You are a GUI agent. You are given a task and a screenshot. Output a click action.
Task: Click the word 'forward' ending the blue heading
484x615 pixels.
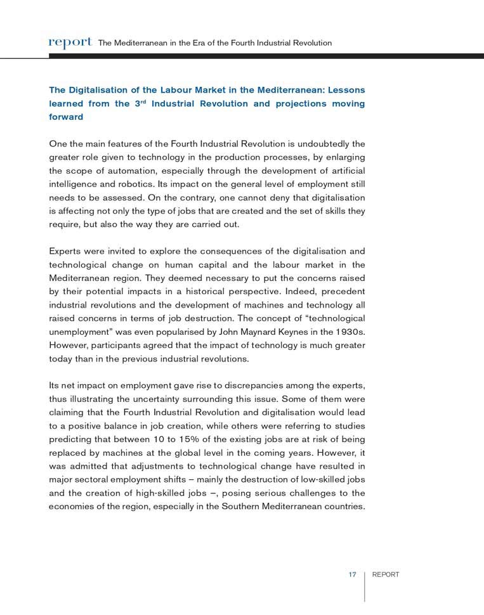[66, 117]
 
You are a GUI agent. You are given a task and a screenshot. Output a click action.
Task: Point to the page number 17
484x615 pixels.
[351, 574]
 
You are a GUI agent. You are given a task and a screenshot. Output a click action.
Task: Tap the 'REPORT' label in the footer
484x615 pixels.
[386, 574]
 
